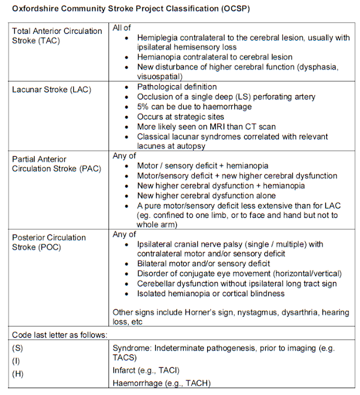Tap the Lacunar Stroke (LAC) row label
tap(52, 89)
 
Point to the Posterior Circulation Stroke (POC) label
tap(49, 243)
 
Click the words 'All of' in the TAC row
tap(123, 28)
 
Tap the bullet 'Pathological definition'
tap(177, 87)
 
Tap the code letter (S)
tap(18, 347)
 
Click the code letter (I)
tap(17, 359)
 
